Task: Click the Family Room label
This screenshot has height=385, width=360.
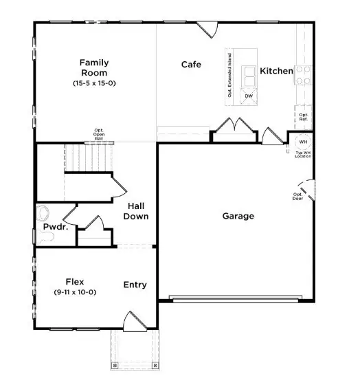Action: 95,67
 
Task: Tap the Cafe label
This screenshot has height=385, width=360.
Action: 191,65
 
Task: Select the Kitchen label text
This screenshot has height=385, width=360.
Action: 276,71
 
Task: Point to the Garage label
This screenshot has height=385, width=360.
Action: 238,216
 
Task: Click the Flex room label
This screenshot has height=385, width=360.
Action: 75,281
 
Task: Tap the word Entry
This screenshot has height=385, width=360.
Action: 135,285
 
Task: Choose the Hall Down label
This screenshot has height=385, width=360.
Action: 136,211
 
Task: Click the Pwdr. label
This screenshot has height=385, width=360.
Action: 55,226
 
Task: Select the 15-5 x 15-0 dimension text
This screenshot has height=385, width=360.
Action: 95,83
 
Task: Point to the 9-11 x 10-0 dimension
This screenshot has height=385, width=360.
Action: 75,292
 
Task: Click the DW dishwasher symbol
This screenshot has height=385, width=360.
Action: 249,96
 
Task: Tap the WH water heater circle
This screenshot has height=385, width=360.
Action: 302,142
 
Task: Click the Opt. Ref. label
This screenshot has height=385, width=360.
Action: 303,117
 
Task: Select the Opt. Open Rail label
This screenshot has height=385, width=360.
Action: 99,133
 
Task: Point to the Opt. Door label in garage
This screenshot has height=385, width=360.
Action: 297,196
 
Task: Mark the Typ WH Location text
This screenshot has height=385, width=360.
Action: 302,155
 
